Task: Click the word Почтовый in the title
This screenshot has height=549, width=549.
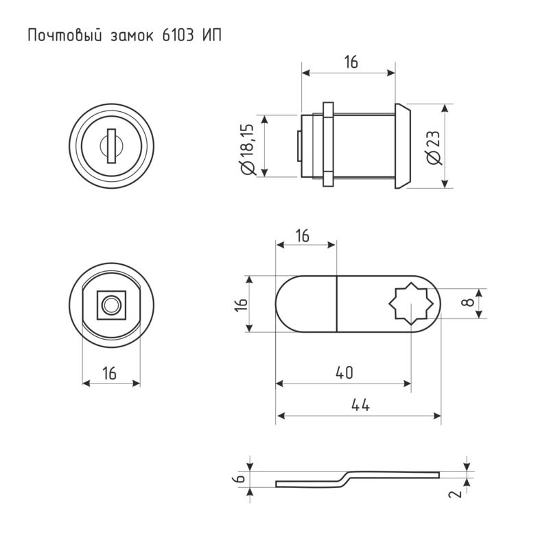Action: (x=65, y=36)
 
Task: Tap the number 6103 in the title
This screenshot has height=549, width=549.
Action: (x=178, y=36)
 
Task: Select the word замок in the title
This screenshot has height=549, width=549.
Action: (x=132, y=36)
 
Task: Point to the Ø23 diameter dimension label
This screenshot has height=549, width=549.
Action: (x=434, y=148)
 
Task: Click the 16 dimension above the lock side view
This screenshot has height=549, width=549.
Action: (x=351, y=62)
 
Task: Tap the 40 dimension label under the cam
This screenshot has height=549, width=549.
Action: (x=344, y=373)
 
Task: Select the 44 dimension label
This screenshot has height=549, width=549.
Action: (x=361, y=405)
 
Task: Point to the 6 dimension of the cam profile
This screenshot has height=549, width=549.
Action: (x=240, y=478)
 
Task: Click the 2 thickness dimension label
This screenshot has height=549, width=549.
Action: (x=456, y=494)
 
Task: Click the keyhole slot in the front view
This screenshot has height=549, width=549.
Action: (x=111, y=146)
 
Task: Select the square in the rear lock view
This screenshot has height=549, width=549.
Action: (x=111, y=305)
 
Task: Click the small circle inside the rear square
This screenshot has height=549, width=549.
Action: (x=111, y=305)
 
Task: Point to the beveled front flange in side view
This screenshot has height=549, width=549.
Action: (x=402, y=146)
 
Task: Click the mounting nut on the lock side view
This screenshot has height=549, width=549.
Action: (x=328, y=144)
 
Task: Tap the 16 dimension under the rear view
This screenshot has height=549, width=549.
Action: (x=109, y=373)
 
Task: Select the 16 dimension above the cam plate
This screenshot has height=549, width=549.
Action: (x=303, y=236)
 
